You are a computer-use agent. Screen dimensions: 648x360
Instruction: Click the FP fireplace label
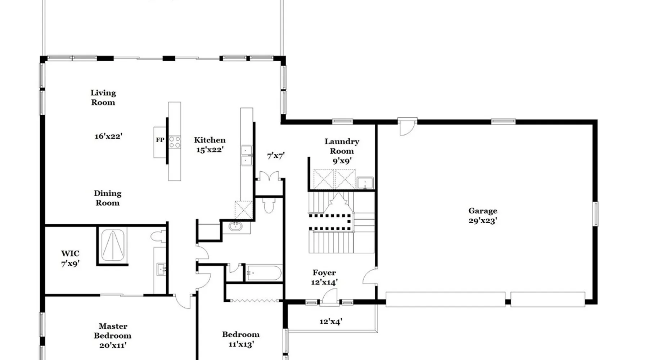160,140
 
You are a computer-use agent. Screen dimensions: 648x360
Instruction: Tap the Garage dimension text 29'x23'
483,221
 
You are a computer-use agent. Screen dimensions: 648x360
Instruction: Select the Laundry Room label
342,146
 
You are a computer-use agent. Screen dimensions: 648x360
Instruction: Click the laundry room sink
365,183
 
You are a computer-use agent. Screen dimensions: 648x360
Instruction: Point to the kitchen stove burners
175,142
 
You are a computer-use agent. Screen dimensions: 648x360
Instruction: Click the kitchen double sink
247,155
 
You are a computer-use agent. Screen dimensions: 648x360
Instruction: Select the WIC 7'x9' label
70,258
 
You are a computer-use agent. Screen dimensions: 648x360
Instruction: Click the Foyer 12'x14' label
324,278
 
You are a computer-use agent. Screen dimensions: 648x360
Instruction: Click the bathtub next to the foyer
264,273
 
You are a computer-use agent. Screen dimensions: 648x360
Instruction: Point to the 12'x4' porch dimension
330,321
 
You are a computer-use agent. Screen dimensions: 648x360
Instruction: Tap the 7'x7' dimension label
276,156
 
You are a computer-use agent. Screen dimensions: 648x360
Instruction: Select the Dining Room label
107,198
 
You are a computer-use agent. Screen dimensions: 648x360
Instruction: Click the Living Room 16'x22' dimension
108,136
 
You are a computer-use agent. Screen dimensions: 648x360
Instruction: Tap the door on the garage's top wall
408,127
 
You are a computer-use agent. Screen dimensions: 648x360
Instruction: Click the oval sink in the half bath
235,226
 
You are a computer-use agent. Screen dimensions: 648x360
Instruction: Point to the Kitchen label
210,140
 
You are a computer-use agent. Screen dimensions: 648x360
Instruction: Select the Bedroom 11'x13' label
240,339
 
